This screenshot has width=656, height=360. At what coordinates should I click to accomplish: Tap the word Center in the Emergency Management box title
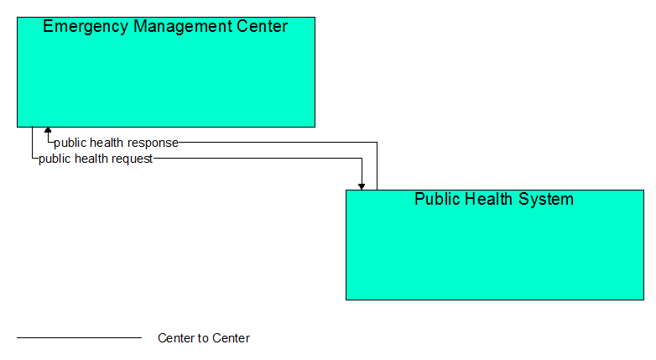(x=263, y=26)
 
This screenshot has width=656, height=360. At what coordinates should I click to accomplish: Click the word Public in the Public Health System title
(x=435, y=199)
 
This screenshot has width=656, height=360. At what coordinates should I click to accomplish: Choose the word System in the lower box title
(x=546, y=200)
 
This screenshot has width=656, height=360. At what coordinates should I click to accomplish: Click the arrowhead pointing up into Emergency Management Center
(x=48, y=130)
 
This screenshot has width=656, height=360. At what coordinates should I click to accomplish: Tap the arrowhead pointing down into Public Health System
(x=362, y=186)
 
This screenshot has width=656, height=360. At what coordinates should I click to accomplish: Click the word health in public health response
(x=107, y=143)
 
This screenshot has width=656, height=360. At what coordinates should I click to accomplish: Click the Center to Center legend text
(x=204, y=338)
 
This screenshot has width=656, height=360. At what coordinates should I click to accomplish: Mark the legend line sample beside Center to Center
(x=80, y=337)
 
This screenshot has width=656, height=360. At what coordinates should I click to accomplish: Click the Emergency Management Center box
(x=166, y=72)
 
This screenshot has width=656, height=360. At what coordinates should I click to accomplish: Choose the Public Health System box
(x=495, y=245)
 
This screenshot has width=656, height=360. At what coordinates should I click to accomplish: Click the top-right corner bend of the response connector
(x=377, y=143)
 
